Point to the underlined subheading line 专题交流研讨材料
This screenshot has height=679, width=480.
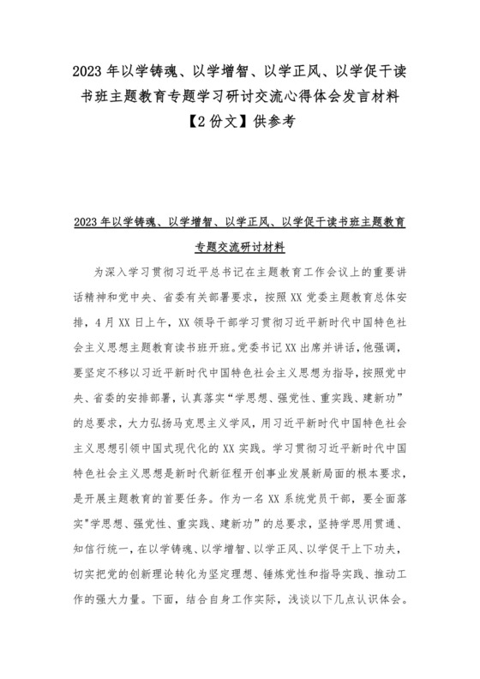coord(240,248)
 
